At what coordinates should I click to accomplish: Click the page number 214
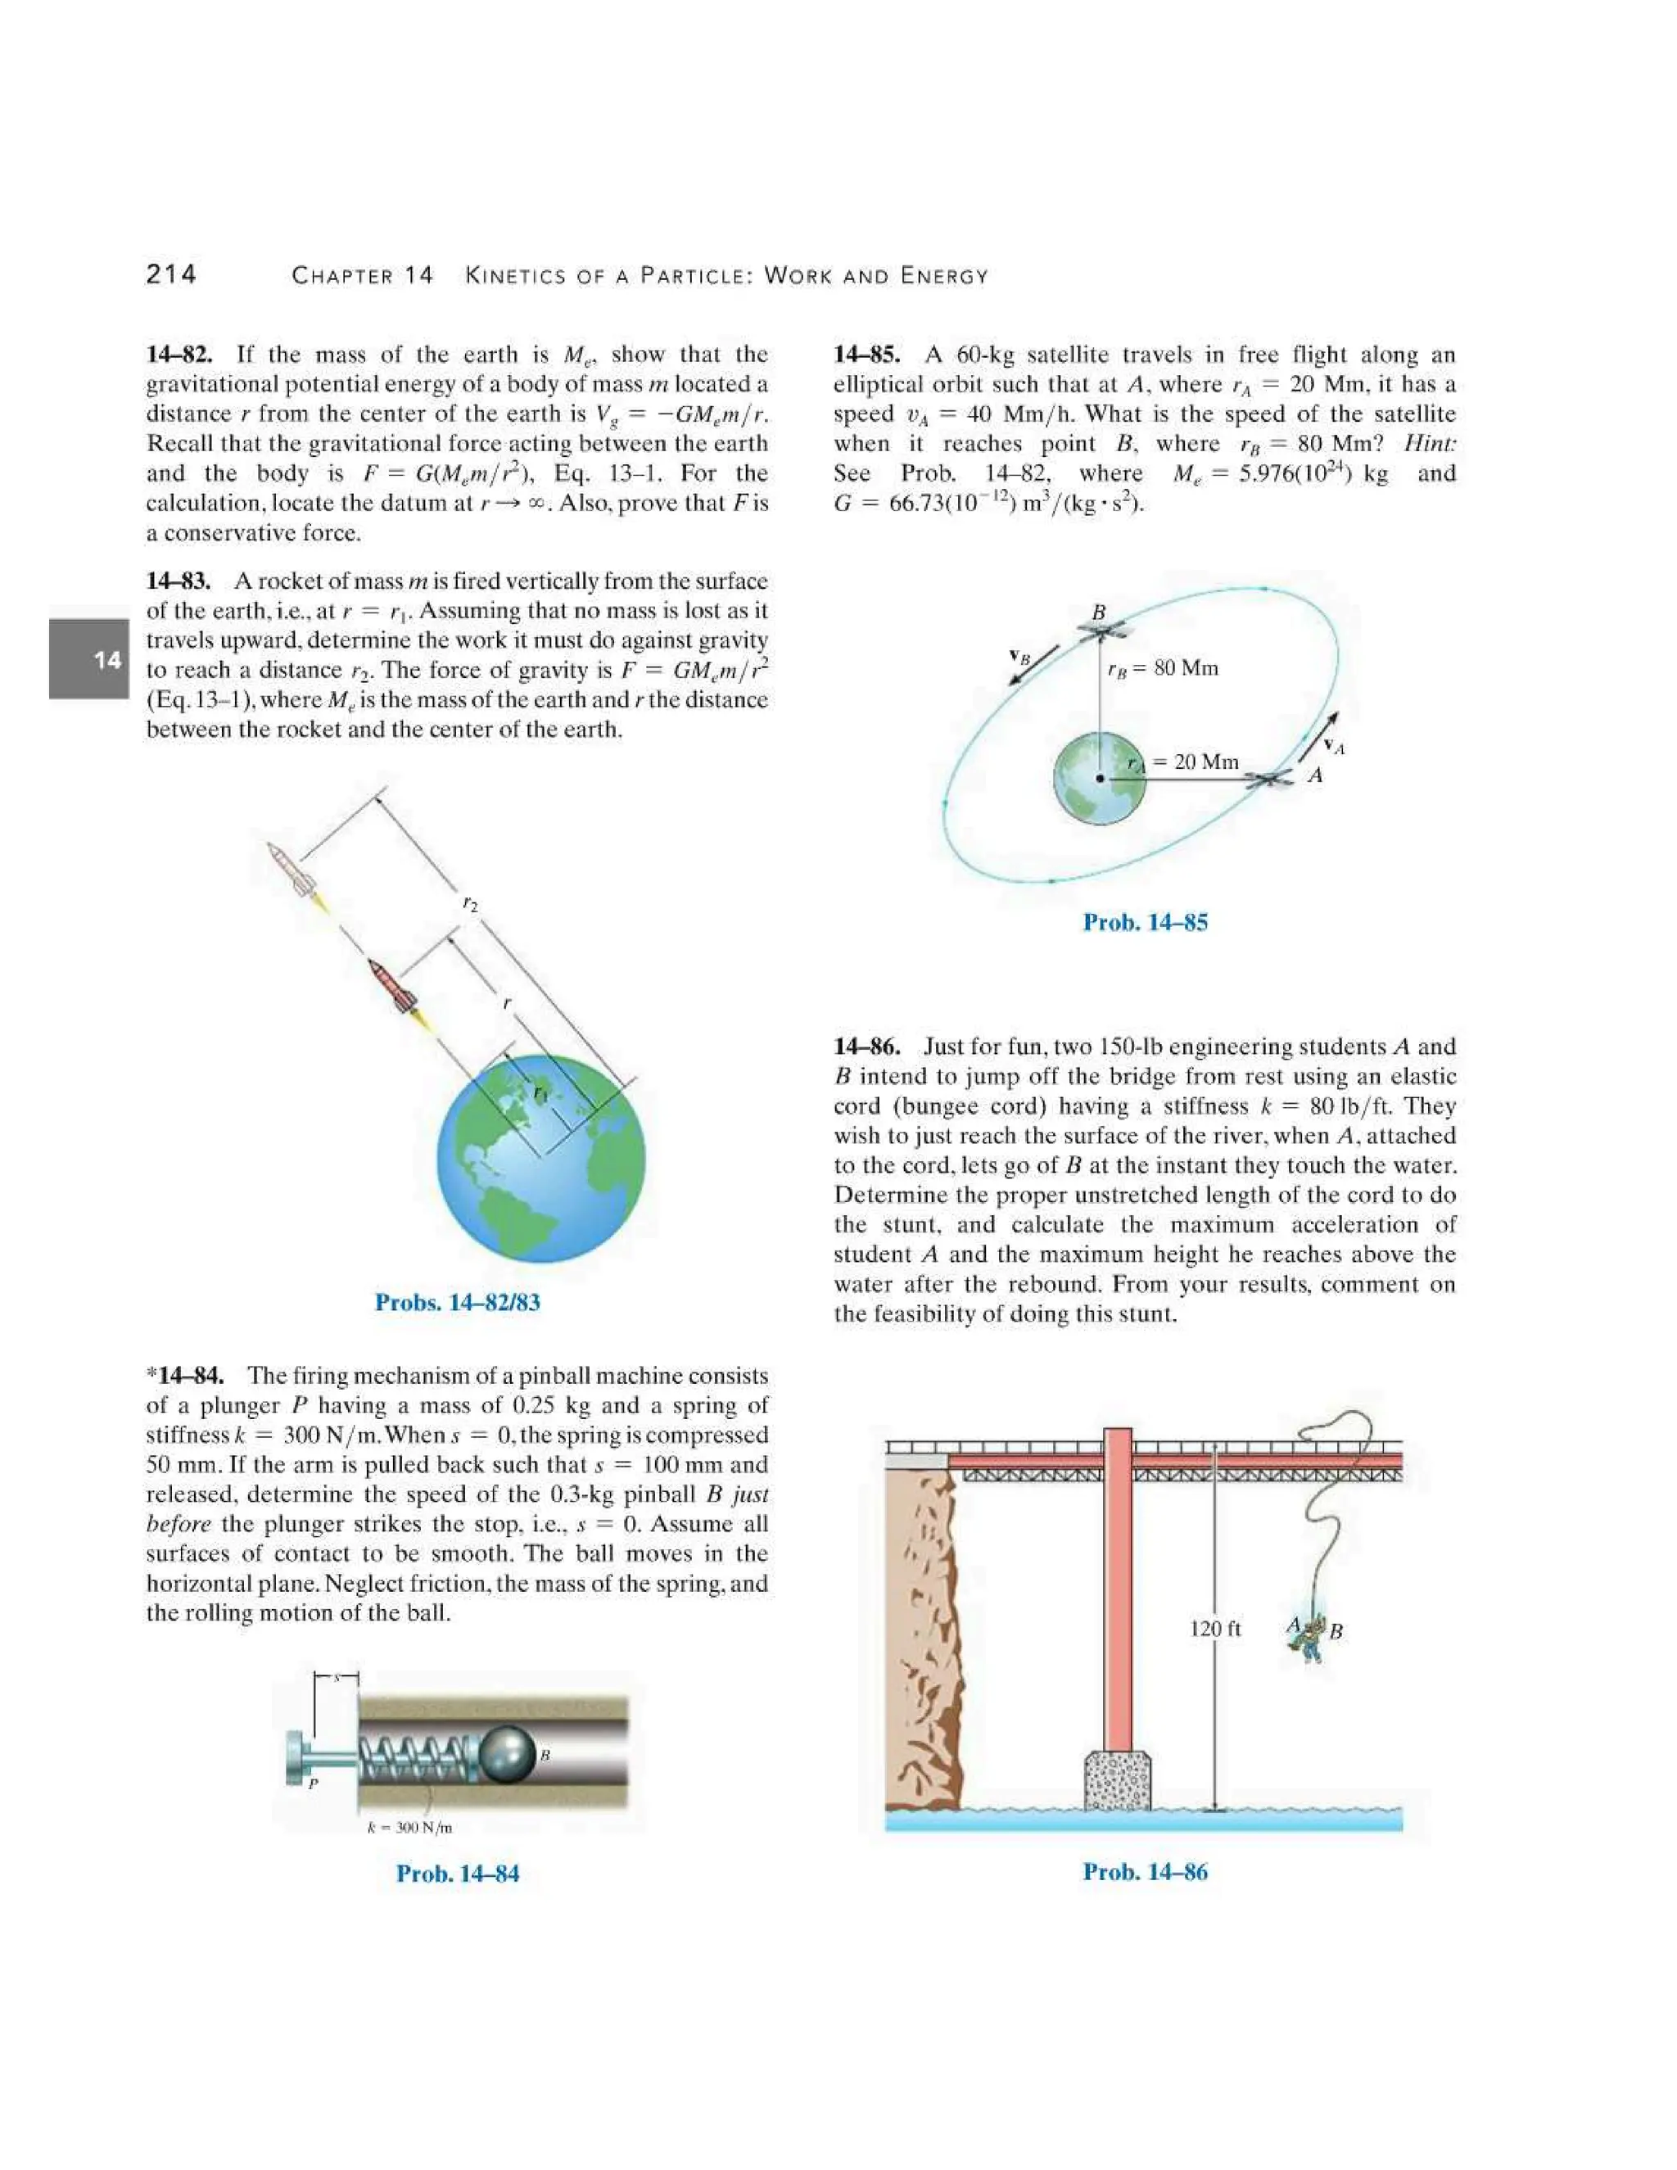tap(171, 274)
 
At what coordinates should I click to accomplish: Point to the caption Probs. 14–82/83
tap(457, 1302)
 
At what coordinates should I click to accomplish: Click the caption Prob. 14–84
tap(457, 1873)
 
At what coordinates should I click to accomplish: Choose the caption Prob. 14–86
tap(1145, 1871)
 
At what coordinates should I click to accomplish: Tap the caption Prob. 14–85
tap(1145, 922)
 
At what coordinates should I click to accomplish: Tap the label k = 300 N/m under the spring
tap(409, 1826)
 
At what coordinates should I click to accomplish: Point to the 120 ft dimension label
tap(1214, 1629)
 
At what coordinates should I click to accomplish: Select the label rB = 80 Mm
tap(1163, 667)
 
